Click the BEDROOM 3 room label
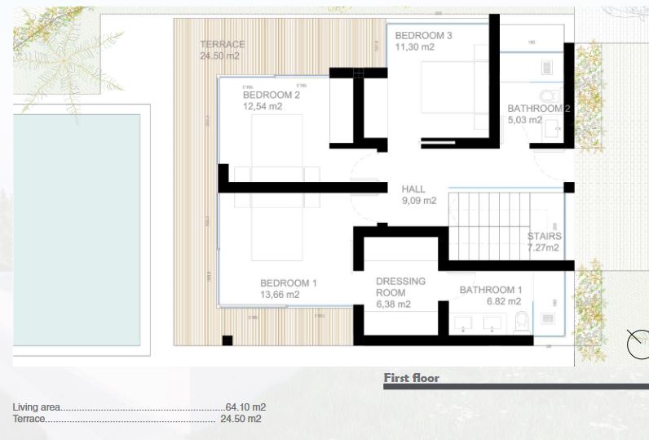coord(423,36)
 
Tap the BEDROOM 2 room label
coord(272,95)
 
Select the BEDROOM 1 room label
coord(288,283)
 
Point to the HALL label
coord(413,189)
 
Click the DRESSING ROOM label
coord(400,287)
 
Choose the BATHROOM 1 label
coord(490,290)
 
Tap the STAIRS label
coord(544,237)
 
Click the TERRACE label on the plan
coord(222,44)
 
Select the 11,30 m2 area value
coord(415,47)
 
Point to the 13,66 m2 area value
coord(280,295)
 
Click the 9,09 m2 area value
coord(419,201)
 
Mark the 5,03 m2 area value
coord(524,120)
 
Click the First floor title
coord(411,378)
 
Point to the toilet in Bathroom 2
coord(546,92)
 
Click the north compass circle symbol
coord(638,343)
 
